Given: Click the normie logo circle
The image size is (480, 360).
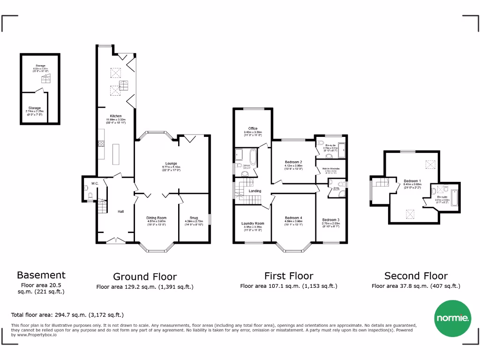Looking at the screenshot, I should (453, 318).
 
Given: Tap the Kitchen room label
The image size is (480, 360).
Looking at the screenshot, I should (116, 116).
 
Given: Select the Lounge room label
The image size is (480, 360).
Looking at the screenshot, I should (171, 164).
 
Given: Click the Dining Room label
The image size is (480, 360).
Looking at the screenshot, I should (157, 218).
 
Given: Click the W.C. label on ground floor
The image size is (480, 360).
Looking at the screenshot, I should (95, 183).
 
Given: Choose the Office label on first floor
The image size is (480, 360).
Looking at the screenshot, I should (253, 129).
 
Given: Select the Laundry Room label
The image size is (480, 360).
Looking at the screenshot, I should (253, 224).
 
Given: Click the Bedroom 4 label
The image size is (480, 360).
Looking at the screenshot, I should (293, 218).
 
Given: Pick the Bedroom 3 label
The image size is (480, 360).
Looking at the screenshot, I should (331, 220).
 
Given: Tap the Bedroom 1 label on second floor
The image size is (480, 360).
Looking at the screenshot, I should (412, 181).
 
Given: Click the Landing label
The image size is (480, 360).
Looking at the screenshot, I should (255, 191).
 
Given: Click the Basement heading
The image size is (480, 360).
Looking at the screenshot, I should (41, 275).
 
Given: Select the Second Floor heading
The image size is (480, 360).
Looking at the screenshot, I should (416, 276).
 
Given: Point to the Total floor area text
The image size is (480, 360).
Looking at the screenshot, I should (67, 315).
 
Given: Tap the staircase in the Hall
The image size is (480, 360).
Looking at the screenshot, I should (101, 208).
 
